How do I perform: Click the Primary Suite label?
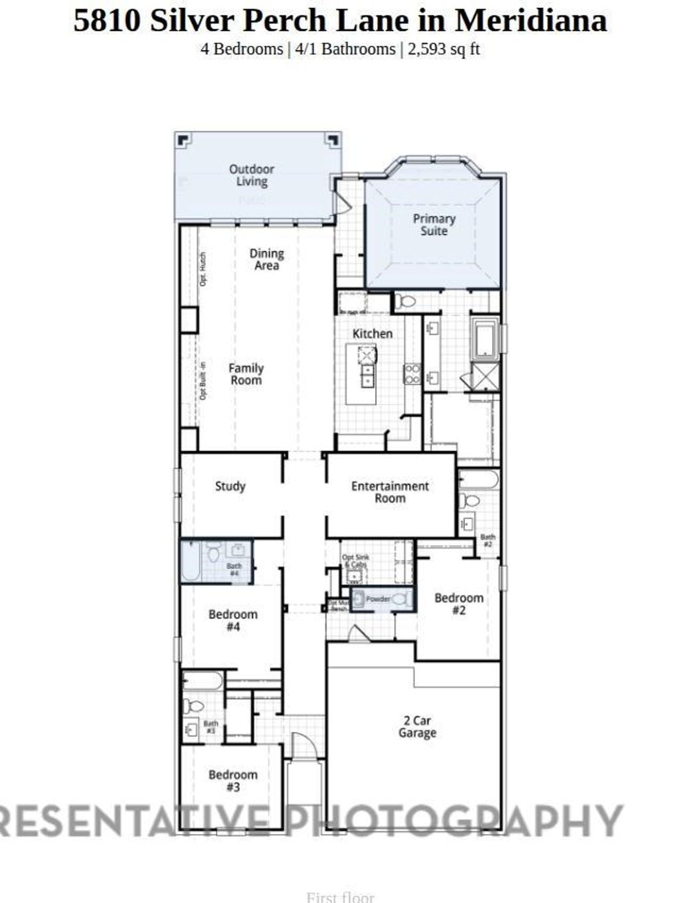[x=434, y=224]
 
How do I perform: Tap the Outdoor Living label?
[x=252, y=175]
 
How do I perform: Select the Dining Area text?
[x=266, y=259]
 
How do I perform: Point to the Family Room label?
[x=246, y=374]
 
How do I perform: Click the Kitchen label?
[x=372, y=333]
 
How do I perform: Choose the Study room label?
[x=230, y=486]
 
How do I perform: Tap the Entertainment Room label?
[x=390, y=492]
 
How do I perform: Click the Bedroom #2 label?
[x=459, y=604]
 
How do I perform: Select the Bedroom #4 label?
[x=232, y=620]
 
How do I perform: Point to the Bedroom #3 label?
[x=232, y=780]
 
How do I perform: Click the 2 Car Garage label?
[x=417, y=726]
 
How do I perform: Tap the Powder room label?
[x=378, y=599]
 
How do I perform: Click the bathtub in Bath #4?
[x=191, y=561]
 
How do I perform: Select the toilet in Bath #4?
[x=213, y=552]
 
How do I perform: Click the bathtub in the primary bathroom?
[x=485, y=339]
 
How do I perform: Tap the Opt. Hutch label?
[x=203, y=269]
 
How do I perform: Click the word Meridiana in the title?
[x=531, y=20]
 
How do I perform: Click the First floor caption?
[x=340, y=897]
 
